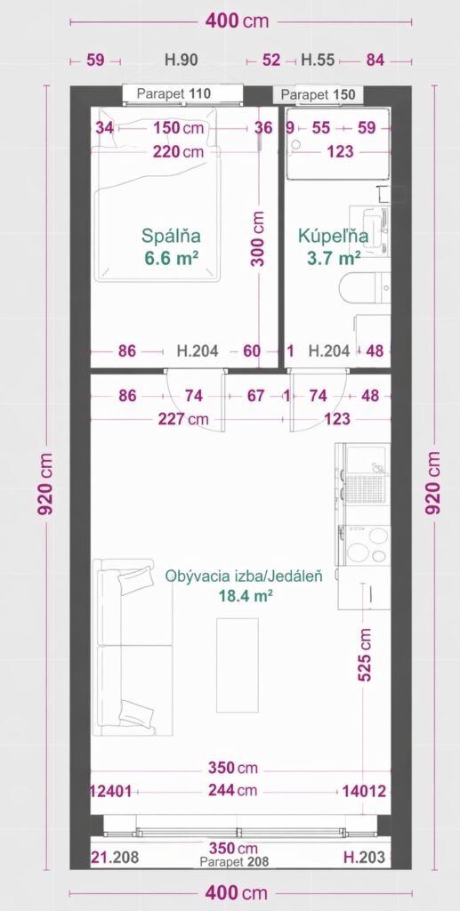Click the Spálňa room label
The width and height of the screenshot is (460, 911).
[x=172, y=236]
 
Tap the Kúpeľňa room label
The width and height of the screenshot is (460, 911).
[x=333, y=236]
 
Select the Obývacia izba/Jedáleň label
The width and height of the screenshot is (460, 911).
[x=244, y=576]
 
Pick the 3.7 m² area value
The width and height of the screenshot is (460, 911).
[x=334, y=258]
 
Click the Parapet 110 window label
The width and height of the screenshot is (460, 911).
[x=174, y=93]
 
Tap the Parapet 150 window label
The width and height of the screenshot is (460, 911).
[x=318, y=94]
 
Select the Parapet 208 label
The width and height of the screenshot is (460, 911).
[x=234, y=861]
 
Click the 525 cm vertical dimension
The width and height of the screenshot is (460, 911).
[x=365, y=654]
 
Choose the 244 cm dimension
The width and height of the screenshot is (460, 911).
[x=234, y=790]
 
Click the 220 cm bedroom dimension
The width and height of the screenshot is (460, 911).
[x=179, y=151]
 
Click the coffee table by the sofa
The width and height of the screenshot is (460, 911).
[x=237, y=665]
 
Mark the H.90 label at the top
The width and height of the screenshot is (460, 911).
[x=182, y=60]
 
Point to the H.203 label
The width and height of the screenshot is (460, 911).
[x=364, y=857]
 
